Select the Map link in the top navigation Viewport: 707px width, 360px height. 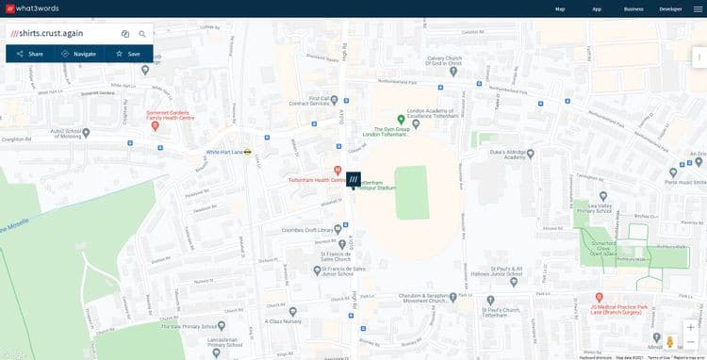click(x=560, y=8)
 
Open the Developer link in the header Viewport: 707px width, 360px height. click(x=670, y=8)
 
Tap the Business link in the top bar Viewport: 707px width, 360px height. click(x=633, y=8)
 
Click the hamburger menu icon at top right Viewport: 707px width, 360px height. click(x=698, y=8)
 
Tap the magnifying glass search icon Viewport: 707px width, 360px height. click(x=142, y=34)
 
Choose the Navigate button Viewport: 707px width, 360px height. click(x=79, y=54)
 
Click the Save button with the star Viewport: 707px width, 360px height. click(x=128, y=54)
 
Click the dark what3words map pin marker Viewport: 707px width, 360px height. click(x=353, y=178)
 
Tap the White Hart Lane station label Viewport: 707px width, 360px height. click(x=224, y=152)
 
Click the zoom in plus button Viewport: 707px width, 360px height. click(x=691, y=327)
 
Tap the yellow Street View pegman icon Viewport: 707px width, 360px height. click(x=670, y=341)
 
